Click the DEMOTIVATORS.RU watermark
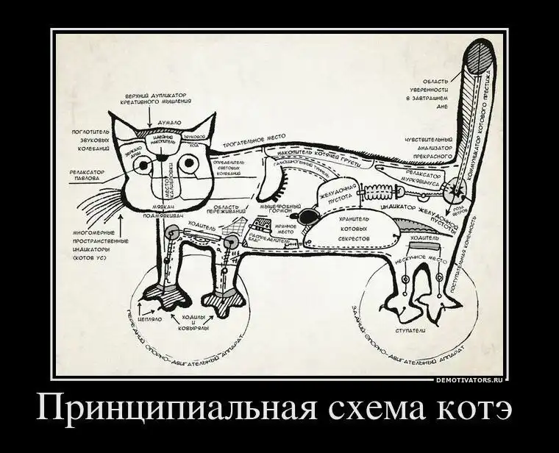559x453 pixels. click(x=468, y=380)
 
